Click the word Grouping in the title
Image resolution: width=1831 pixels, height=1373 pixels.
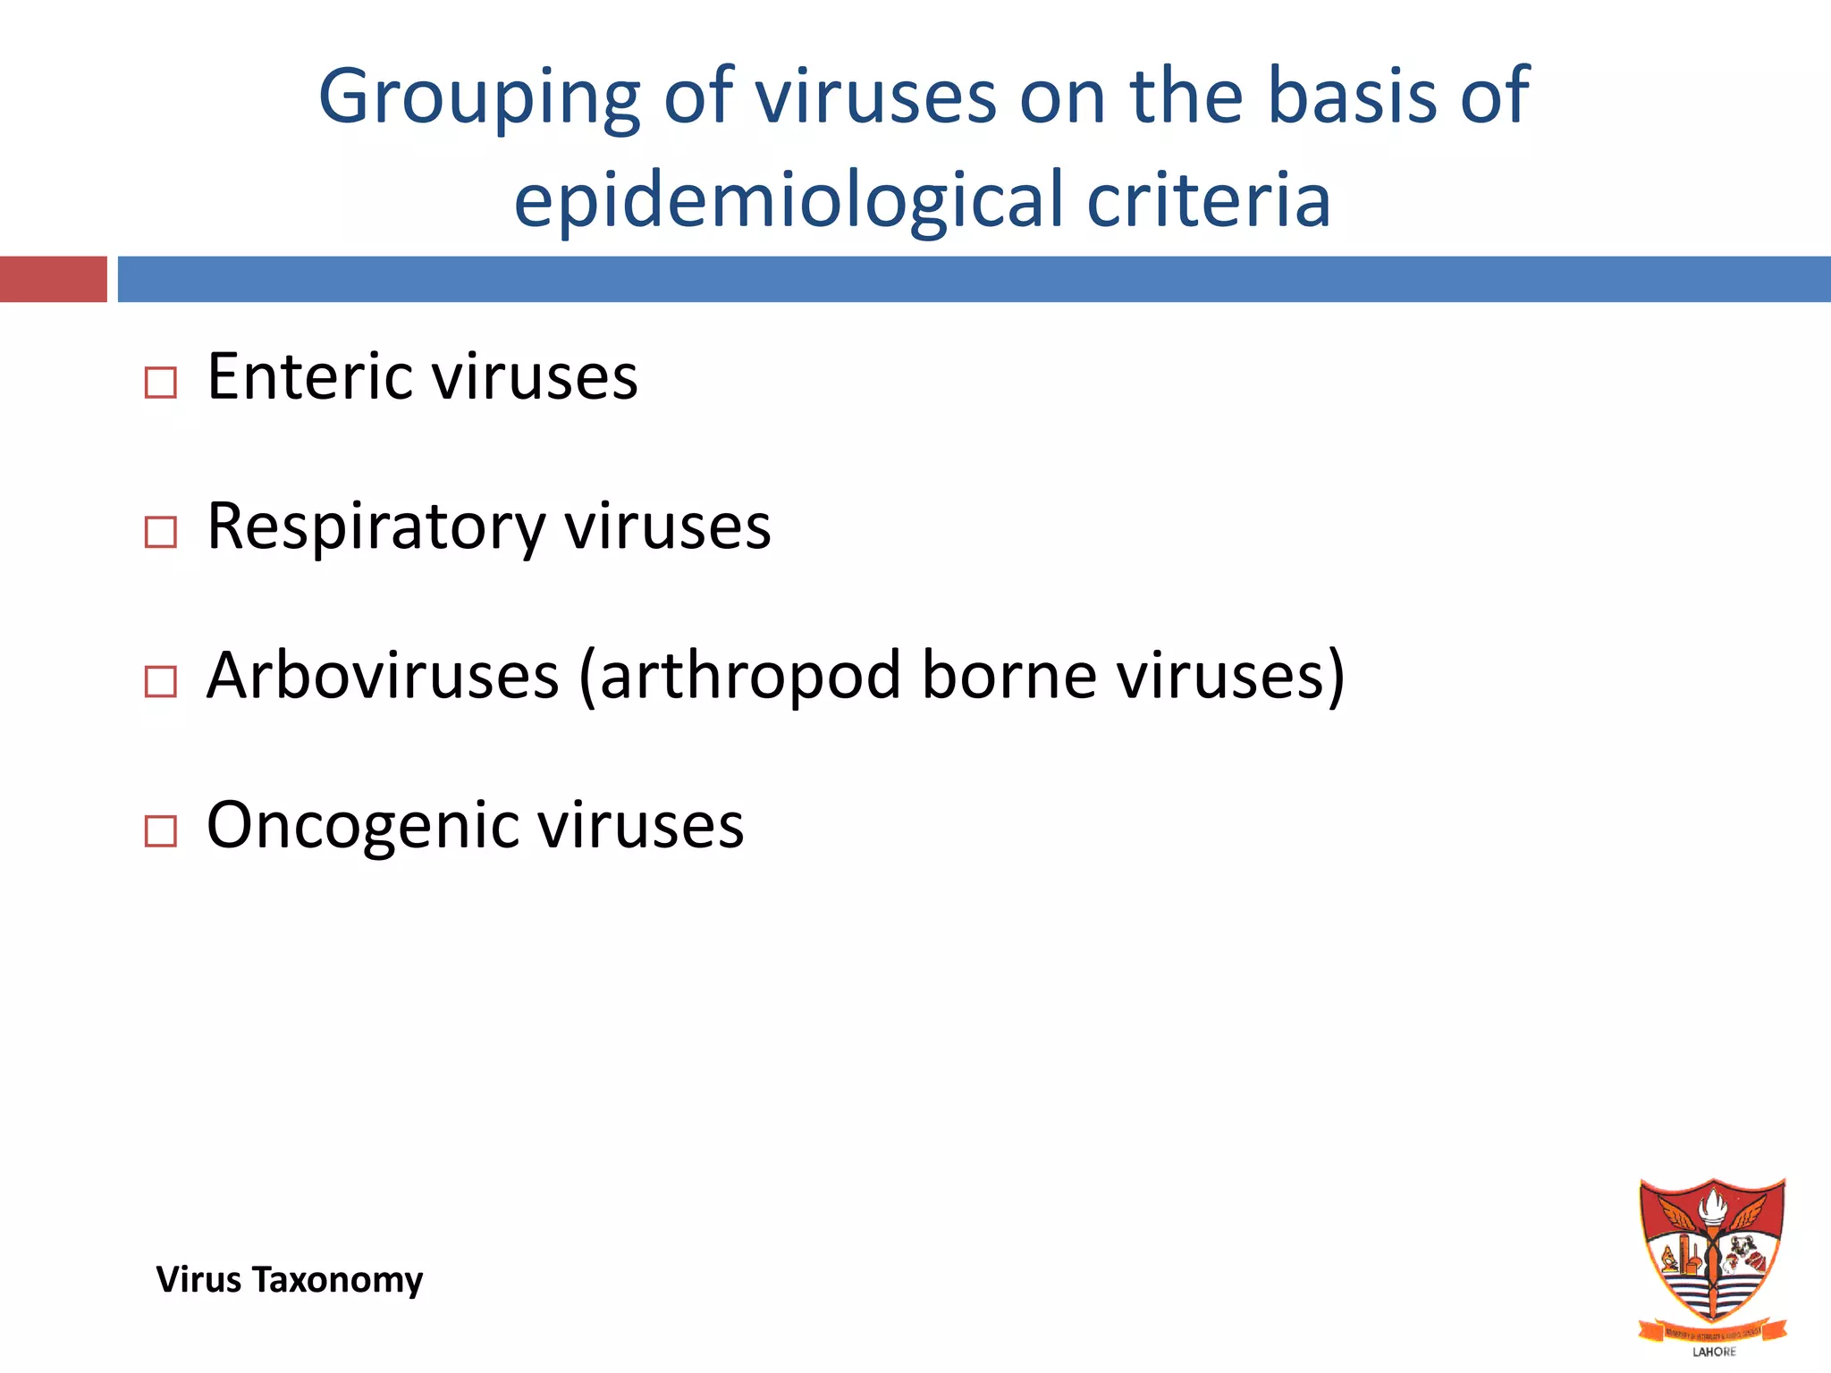[x=479, y=97]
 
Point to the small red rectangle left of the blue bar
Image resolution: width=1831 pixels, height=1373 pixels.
[x=53, y=279]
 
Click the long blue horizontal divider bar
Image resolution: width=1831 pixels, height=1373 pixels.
[x=974, y=279]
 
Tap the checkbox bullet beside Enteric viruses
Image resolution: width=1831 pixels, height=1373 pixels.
[x=161, y=383]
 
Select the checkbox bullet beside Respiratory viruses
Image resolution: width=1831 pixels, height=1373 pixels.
[x=161, y=533]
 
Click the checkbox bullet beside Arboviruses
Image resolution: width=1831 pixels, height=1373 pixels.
[x=161, y=682]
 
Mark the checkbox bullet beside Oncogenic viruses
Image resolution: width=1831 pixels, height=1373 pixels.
[x=161, y=831]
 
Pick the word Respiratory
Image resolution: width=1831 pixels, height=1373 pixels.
[x=375, y=527]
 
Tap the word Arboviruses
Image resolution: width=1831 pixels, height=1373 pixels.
[x=383, y=675]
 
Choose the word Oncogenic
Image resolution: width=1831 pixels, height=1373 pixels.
[x=361, y=825]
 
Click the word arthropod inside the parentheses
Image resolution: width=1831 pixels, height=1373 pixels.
[x=750, y=677]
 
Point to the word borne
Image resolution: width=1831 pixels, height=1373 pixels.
[x=1008, y=675]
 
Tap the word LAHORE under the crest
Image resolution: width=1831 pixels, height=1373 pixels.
[x=1714, y=1352]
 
